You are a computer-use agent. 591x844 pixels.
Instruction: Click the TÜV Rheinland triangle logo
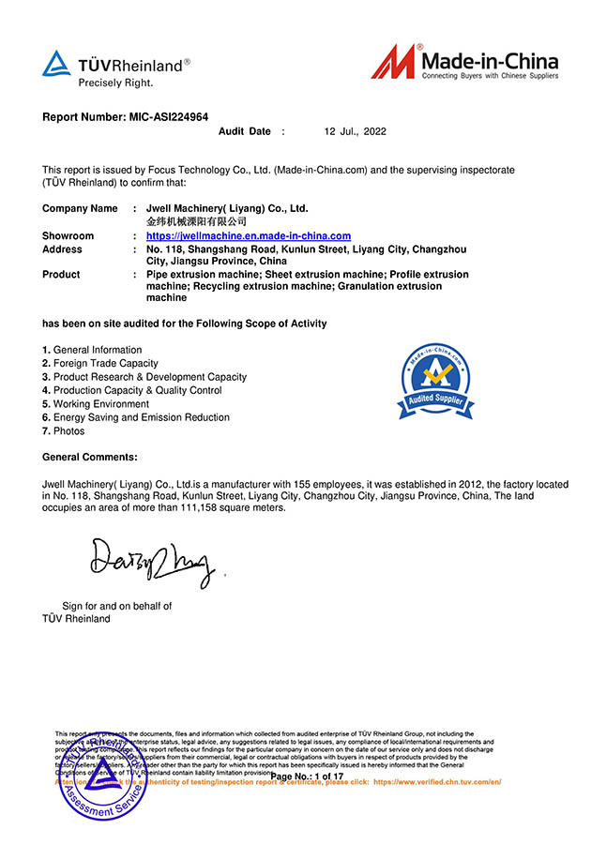(56, 64)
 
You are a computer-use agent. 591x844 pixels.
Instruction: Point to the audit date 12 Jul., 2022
(355, 132)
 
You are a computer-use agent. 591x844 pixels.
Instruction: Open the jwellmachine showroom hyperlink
(249, 236)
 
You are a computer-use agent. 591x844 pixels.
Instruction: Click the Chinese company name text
(196, 222)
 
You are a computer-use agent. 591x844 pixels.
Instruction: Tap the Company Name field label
(80, 208)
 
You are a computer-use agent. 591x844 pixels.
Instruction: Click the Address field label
(62, 249)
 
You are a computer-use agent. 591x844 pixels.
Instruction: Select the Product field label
(61, 275)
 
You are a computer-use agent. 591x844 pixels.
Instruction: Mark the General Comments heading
(90, 457)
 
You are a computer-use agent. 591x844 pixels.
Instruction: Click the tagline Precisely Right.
(114, 83)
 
